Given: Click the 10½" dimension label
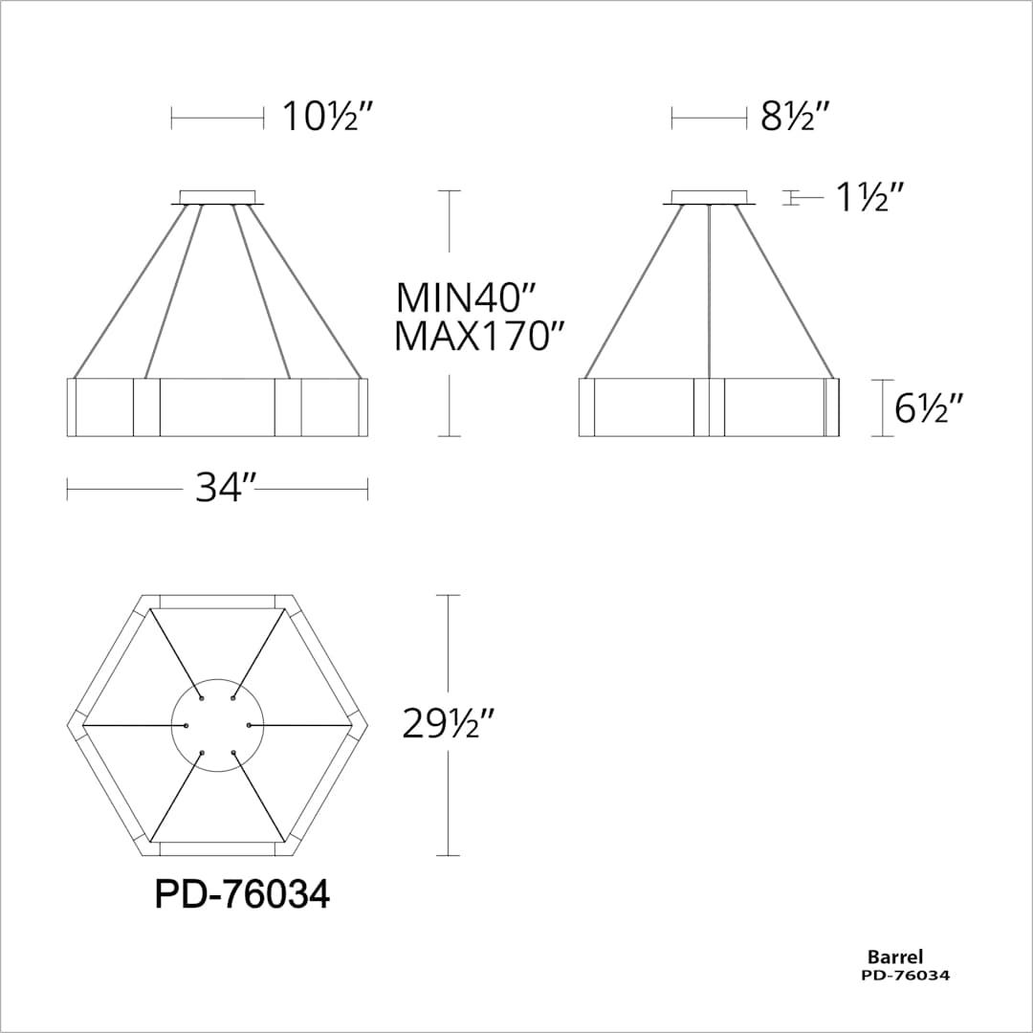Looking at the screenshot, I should (x=325, y=118).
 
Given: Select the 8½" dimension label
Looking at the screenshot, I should (x=794, y=118).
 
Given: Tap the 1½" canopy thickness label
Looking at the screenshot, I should (x=869, y=198).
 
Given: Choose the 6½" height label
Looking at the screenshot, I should (x=928, y=408).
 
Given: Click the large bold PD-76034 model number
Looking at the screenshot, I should (x=242, y=895).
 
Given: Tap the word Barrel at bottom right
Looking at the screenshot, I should (x=894, y=956).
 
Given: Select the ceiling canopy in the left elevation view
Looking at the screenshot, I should (x=218, y=197).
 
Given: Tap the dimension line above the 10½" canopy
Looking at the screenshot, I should (x=217, y=118).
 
